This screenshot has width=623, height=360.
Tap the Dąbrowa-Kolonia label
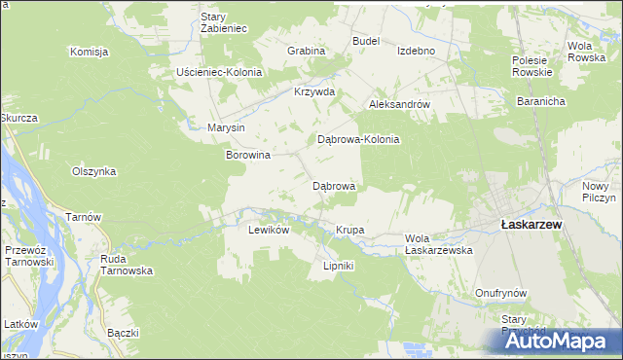[359, 139]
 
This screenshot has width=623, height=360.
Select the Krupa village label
[349, 230]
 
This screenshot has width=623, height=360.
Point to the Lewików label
[270, 230]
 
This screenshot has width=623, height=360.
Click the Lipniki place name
[338, 266]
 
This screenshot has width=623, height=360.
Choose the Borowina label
[247, 154]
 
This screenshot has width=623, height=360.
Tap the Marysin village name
[226, 127]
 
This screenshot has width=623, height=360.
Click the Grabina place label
[305, 50]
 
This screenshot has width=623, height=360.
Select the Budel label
[365, 41]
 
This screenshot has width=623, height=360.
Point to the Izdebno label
[416, 51]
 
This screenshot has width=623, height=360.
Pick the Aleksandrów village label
[398, 103]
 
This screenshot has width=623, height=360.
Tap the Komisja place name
[88, 52]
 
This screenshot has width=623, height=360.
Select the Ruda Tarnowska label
[127, 265]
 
